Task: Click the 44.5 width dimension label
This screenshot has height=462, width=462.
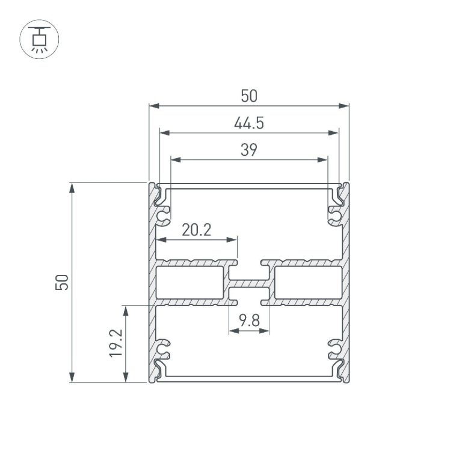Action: click(249, 123)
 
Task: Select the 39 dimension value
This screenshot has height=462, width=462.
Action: click(249, 150)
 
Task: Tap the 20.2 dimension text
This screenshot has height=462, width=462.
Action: click(197, 230)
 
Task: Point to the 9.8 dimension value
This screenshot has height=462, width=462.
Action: click(249, 321)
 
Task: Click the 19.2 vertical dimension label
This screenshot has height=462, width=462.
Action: click(115, 343)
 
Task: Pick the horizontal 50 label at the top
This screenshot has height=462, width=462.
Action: click(249, 96)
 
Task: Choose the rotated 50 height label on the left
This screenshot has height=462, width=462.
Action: click(62, 282)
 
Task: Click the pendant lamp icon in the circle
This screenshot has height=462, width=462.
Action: click(39, 40)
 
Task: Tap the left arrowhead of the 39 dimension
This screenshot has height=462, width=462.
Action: click(176, 159)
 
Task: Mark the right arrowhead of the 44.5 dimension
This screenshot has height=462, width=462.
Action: click(333, 133)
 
